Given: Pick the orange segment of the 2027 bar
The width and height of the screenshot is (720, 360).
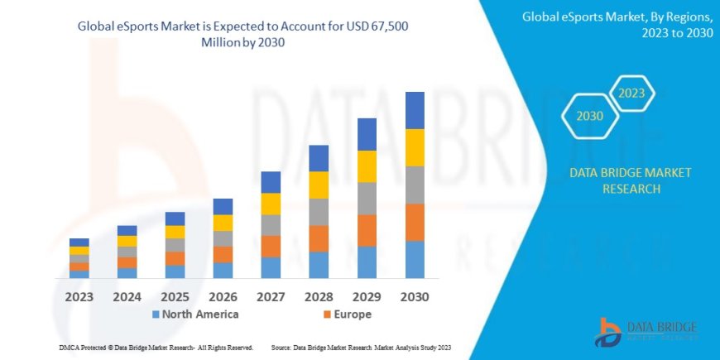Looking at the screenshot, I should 271,246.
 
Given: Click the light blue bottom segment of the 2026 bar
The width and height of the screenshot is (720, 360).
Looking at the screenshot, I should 223,270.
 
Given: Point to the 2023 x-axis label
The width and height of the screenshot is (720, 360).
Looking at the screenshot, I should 79,295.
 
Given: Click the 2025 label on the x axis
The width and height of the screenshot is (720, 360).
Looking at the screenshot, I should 175,295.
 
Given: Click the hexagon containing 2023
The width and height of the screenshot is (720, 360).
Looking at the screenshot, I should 631,94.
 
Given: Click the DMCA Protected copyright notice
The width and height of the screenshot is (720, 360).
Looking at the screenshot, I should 156,348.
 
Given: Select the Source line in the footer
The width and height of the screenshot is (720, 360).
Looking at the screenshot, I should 360,348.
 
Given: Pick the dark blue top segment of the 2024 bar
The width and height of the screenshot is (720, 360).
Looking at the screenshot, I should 127,230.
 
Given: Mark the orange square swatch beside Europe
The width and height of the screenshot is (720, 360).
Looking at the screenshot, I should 327,314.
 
